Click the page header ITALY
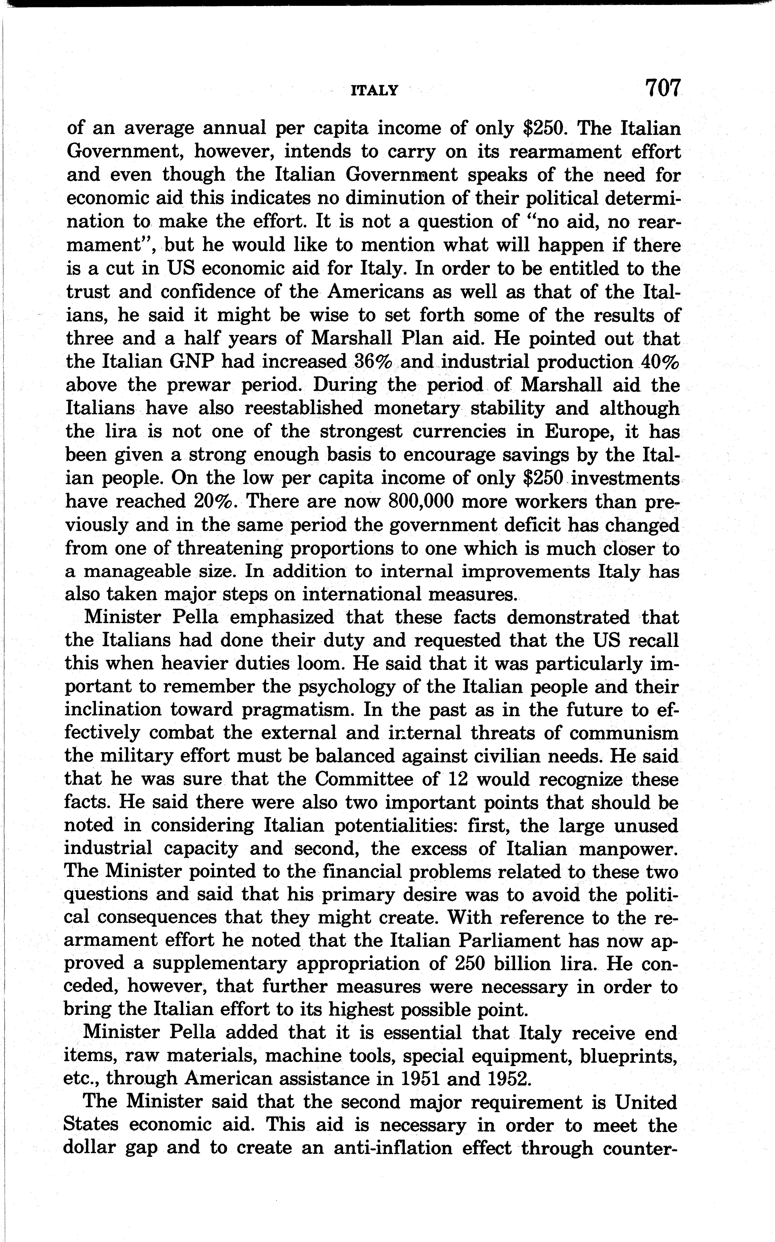click(374, 91)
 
